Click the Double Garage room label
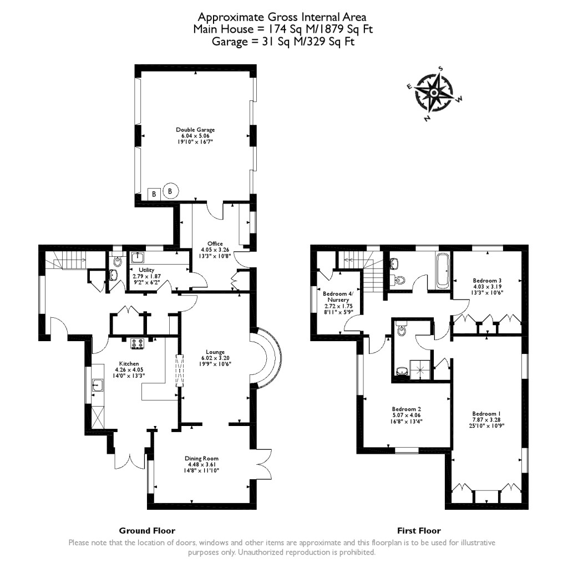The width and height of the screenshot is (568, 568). [195, 130]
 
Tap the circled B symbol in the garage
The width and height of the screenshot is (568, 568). [170, 191]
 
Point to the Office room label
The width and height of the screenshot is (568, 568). [215, 244]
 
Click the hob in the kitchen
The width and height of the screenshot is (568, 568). [137, 344]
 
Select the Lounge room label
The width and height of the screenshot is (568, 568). [215, 352]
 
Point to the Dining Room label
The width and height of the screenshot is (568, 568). [202, 458]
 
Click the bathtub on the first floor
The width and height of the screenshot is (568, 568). [443, 270]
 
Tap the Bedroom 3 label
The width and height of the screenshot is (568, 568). [488, 280]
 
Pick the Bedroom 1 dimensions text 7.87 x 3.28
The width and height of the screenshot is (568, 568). [488, 420]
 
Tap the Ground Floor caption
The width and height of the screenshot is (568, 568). [147, 530]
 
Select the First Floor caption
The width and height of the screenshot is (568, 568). [419, 530]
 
